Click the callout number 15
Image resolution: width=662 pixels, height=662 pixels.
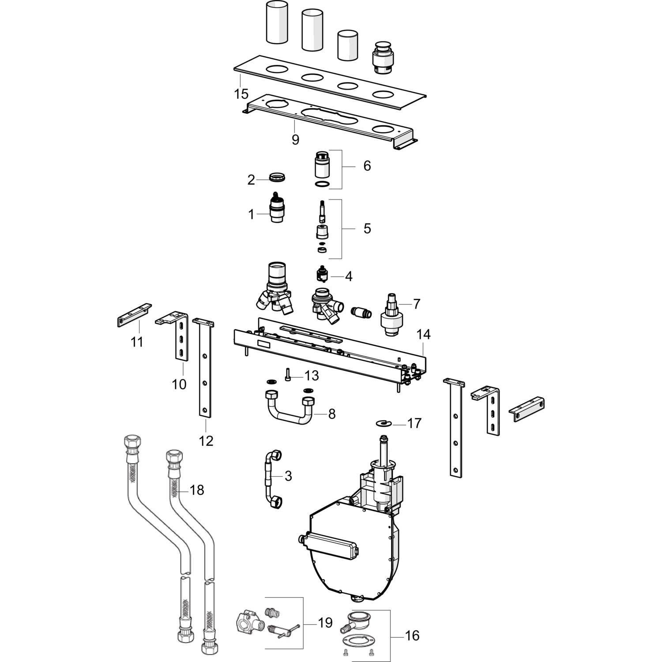[241, 94]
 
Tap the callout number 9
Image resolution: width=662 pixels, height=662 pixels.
[295, 139]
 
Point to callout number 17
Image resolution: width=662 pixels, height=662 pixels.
[414, 423]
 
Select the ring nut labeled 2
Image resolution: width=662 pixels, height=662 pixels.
[278, 178]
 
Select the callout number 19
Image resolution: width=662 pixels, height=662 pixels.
[325, 623]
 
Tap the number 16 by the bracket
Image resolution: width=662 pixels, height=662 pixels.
[412, 636]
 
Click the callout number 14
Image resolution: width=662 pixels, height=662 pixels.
[423, 335]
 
